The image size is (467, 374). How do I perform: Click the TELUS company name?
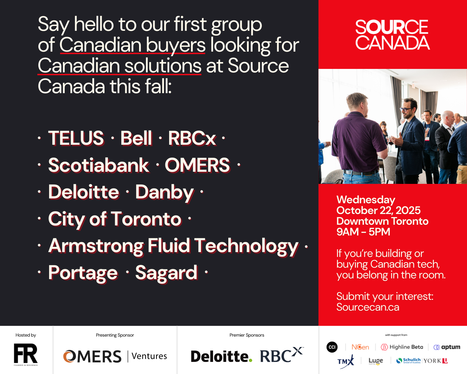point(76,138)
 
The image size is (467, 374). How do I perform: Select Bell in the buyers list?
point(136,138)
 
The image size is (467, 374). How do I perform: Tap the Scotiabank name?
point(99,165)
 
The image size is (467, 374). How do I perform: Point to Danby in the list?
point(164,192)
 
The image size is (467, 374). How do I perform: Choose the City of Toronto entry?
point(115,219)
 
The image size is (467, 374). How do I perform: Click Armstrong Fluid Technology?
point(173,246)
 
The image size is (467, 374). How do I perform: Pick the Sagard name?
point(166,273)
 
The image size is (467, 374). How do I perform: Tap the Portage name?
point(83,273)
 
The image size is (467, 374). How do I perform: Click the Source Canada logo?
point(392,35)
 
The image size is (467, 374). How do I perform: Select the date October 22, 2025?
point(378,210)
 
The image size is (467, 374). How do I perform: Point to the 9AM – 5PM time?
point(363,232)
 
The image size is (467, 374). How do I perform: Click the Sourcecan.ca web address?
point(368,307)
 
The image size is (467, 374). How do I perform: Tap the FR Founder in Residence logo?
point(26,354)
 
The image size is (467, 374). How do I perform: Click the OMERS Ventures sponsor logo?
point(115,356)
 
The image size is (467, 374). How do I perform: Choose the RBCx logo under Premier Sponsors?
point(281,355)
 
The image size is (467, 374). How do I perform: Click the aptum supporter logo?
point(447,347)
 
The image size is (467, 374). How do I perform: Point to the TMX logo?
point(346,362)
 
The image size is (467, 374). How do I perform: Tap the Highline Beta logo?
point(402,347)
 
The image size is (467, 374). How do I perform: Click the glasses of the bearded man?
point(405,109)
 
